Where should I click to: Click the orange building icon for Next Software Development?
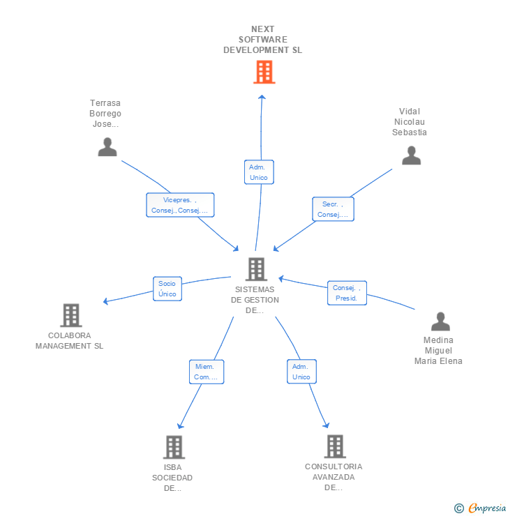coord(264,72)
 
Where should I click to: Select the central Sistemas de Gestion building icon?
coord(256,269)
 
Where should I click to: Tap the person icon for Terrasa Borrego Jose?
coord(107,146)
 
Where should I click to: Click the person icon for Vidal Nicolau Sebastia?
coord(412,155)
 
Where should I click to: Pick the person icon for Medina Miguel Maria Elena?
coord(440,321)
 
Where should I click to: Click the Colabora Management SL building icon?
coord(70,315)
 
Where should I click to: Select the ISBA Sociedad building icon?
coord(174,447)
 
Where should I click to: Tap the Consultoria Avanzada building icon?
coord(335,446)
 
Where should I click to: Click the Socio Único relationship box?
coord(167,289)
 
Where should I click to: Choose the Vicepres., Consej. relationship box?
coord(180,205)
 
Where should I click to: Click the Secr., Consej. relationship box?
coord(333,209)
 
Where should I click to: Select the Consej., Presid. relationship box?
coord(347,293)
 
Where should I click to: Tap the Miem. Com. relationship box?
coord(206,372)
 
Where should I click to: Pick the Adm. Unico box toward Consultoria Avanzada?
coord(301,372)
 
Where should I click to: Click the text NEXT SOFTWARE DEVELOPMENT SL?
coord(263,40)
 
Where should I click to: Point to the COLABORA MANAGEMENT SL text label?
coord(70,340)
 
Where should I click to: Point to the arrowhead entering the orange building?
coord(262,97)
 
